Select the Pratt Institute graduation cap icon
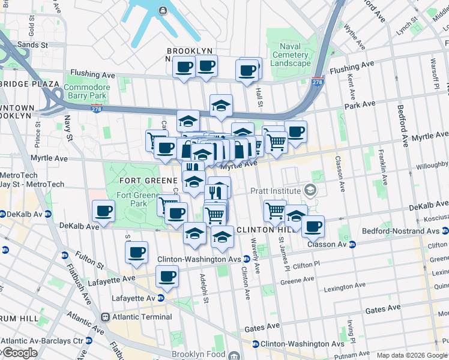310,191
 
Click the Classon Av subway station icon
352,244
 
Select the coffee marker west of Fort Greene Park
104,211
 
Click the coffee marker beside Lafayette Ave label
167,277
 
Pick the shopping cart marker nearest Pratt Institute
275,210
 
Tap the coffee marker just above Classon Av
313,227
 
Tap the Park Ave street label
360,104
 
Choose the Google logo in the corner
19,353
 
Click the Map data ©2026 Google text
411,355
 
